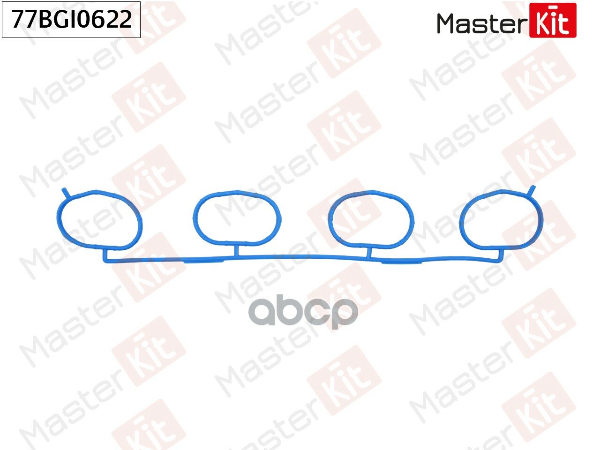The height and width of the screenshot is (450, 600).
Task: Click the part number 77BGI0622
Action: [x=72, y=19]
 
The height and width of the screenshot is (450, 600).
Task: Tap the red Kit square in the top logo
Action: [x=553, y=20]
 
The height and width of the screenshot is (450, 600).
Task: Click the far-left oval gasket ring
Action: [x=58, y=218]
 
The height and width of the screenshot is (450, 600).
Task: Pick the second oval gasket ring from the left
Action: [x=194, y=217]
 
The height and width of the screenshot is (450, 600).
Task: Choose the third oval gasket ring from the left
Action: [x=329, y=218]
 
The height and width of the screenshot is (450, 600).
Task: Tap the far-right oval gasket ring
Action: [x=542, y=218]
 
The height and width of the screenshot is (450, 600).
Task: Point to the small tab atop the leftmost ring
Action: [x=65, y=192]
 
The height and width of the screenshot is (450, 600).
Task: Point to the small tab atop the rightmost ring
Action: [x=532, y=190]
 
